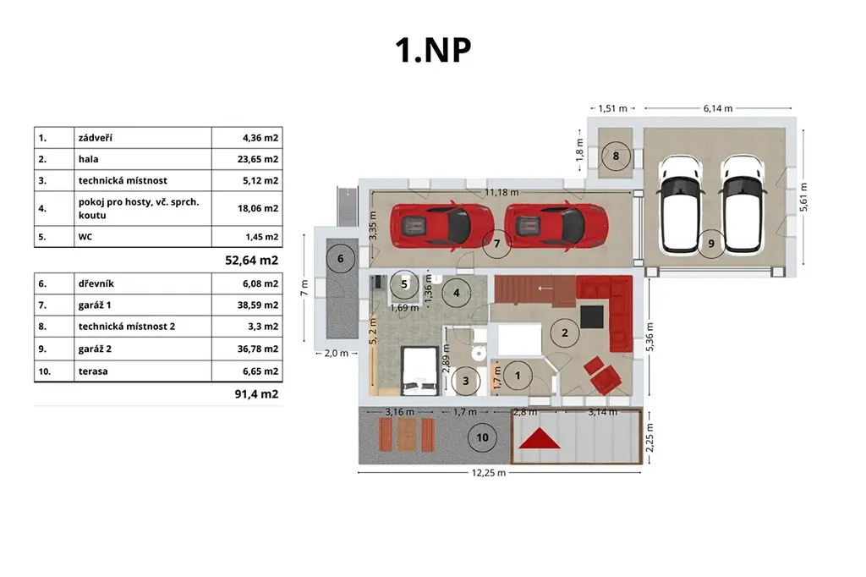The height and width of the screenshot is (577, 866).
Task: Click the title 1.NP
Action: [x=433, y=50]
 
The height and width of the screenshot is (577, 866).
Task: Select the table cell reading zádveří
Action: [x=95, y=138]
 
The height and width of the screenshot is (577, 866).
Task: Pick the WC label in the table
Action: [x=85, y=237]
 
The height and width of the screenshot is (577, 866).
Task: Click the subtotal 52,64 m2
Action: [x=251, y=261]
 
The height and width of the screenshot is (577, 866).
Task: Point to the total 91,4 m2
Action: [x=256, y=394]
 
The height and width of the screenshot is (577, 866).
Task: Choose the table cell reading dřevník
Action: [x=96, y=283]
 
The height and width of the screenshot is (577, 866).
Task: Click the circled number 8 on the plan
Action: [x=616, y=156]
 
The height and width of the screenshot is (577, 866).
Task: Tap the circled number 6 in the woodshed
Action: [x=340, y=258]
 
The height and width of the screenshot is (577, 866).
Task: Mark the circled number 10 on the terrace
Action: [x=482, y=437]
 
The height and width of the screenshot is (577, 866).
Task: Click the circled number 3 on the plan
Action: [x=466, y=380]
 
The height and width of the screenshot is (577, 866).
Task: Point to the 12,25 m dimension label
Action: [x=488, y=473]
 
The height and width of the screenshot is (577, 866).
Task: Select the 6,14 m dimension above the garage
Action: [x=718, y=108]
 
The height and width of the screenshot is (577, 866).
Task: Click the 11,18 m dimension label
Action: [x=502, y=192]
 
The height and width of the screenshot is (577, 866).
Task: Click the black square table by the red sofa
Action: [x=591, y=316]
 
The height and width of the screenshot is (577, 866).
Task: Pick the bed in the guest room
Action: [x=419, y=371]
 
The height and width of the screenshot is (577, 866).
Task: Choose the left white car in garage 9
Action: [x=681, y=204]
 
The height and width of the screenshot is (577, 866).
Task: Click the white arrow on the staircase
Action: [x=545, y=288]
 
